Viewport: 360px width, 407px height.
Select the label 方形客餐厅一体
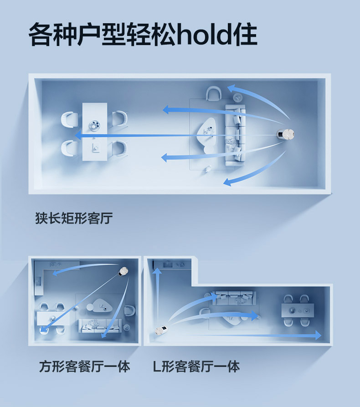pyautogui.click(x=84, y=366)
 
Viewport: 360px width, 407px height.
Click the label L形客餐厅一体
pyautogui.click(x=196, y=366)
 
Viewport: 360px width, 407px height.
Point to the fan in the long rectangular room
pyautogui.click(x=287, y=135)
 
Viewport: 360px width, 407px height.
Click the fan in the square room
pyautogui.click(x=123, y=272)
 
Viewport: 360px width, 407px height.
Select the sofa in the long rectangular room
pyautogui.click(x=235, y=135)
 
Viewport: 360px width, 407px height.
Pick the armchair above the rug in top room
pyautogui.click(x=214, y=94)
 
